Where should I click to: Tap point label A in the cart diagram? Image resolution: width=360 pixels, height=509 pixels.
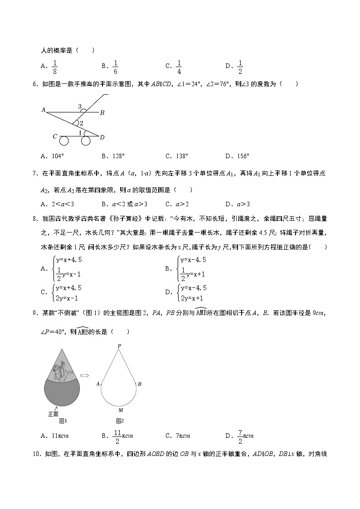click(x=44, y=110)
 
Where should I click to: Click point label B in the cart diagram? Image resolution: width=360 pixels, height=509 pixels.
click(x=102, y=112)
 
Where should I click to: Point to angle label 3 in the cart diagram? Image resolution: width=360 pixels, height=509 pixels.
click(x=80, y=107)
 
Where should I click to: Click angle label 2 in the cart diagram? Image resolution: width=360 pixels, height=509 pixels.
click(x=81, y=123)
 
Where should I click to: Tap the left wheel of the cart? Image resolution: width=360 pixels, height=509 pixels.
click(x=64, y=141)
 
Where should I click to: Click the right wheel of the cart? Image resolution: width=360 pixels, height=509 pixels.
click(x=86, y=141)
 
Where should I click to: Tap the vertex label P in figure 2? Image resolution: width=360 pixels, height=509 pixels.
click(x=119, y=346)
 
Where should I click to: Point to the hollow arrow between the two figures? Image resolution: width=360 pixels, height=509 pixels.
click(x=84, y=375)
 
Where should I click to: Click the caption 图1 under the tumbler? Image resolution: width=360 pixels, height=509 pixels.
click(x=63, y=421)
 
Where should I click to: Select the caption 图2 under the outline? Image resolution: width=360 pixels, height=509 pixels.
click(x=120, y=421)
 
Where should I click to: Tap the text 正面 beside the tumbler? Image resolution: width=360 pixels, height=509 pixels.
click(x=54, y=413)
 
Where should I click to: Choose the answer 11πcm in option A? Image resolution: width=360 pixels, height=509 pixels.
click(x=59, y=436)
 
